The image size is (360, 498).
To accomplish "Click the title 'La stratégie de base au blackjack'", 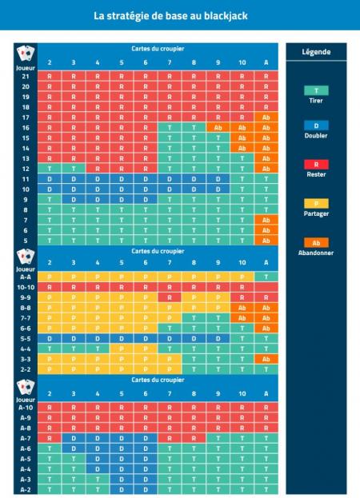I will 179,15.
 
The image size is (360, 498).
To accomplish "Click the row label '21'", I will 26,75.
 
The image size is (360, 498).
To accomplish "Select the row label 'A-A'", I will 26,276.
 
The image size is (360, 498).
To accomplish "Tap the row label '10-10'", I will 26,286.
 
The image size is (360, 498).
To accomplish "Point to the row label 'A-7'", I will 26,438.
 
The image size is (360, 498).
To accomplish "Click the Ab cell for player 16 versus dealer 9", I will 217,127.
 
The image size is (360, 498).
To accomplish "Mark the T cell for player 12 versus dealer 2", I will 50,169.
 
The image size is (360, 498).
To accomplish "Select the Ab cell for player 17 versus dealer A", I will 266,117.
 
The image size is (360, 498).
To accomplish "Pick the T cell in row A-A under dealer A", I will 266,276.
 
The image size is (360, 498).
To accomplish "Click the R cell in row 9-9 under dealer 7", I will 169,297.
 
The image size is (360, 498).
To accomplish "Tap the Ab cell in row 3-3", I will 266,359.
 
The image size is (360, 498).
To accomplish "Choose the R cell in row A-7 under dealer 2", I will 50,438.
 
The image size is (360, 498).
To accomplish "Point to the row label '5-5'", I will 26,338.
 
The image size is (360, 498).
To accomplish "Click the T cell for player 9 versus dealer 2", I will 50,200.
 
